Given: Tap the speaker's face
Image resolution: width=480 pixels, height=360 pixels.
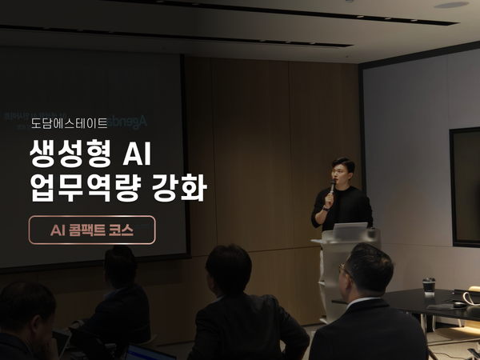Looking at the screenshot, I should (341, 170).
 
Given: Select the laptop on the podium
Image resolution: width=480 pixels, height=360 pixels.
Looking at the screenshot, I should (349, 230).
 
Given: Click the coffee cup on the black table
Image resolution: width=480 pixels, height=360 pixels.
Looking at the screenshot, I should (429, 286).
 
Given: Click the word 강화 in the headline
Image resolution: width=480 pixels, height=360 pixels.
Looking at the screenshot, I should (184, 189).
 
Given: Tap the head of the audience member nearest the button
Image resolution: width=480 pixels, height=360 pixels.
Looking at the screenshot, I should (120, 263).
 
